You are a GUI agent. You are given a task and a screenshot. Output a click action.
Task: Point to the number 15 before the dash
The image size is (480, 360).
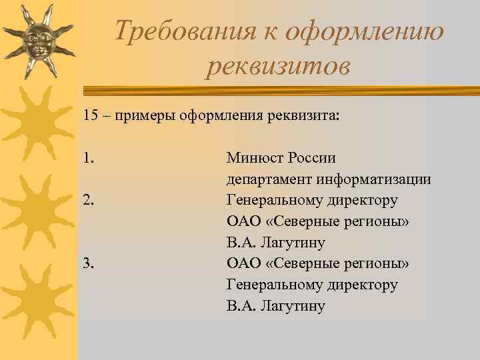(91, 115)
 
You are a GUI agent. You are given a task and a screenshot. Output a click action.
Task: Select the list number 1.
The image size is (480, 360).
(88, 159)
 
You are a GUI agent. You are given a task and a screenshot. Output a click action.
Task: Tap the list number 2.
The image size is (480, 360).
(88, 201)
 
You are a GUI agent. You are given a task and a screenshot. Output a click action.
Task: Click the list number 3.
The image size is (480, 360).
(88, 264)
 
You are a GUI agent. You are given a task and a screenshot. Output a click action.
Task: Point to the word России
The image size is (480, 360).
(312, 159)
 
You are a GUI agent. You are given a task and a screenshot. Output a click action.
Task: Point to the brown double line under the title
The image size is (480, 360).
(280, 89)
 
